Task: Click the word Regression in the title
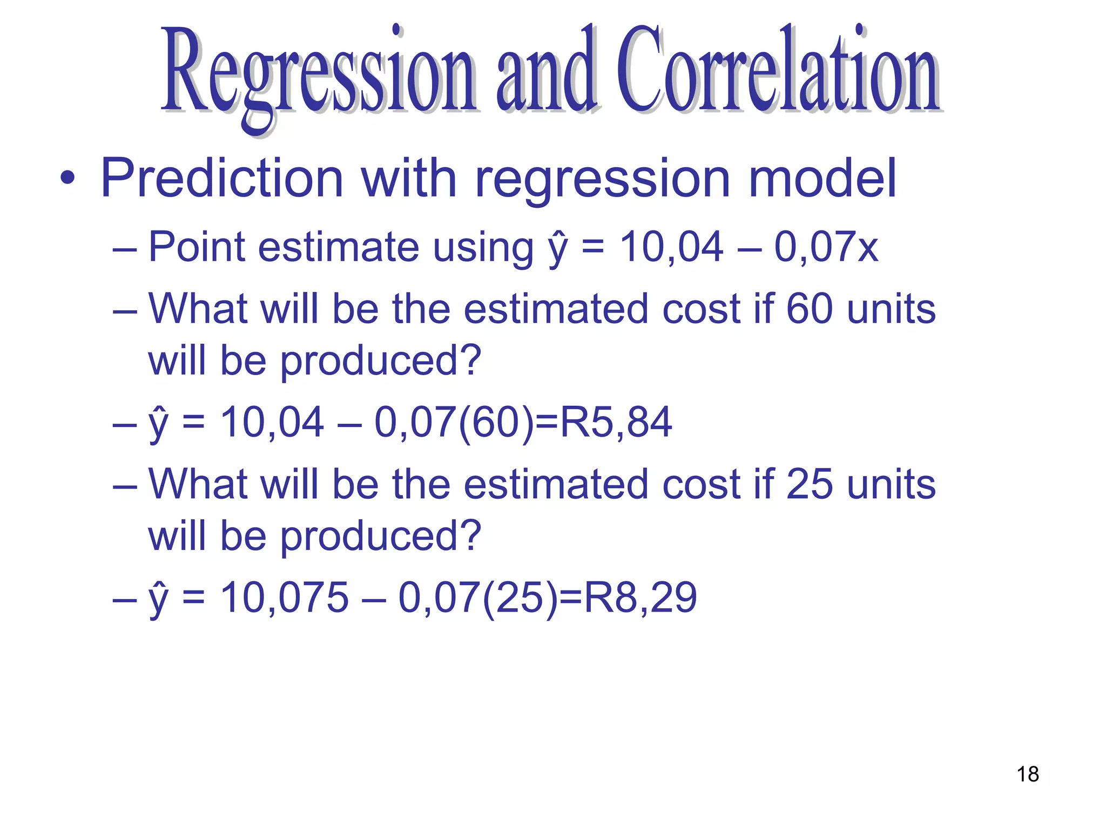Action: [319, 73]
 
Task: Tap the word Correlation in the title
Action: [778, 70]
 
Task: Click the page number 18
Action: [1028, 774]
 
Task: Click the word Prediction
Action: [222, 178]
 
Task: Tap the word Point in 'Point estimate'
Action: [197, 247]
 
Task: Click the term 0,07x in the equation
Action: [826, 247]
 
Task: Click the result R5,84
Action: [616, 422]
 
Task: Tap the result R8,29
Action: [640, 597]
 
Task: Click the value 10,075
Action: [285, 597]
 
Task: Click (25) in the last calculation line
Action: [520, 597]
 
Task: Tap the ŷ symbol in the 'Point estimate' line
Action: [558, 249]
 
